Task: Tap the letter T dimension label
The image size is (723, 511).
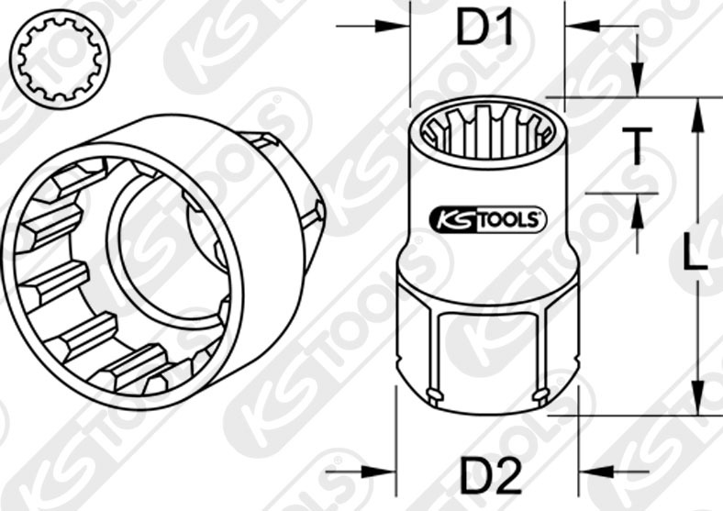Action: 636,146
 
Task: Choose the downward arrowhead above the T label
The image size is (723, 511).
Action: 636,83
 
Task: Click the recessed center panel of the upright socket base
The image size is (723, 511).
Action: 487,353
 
